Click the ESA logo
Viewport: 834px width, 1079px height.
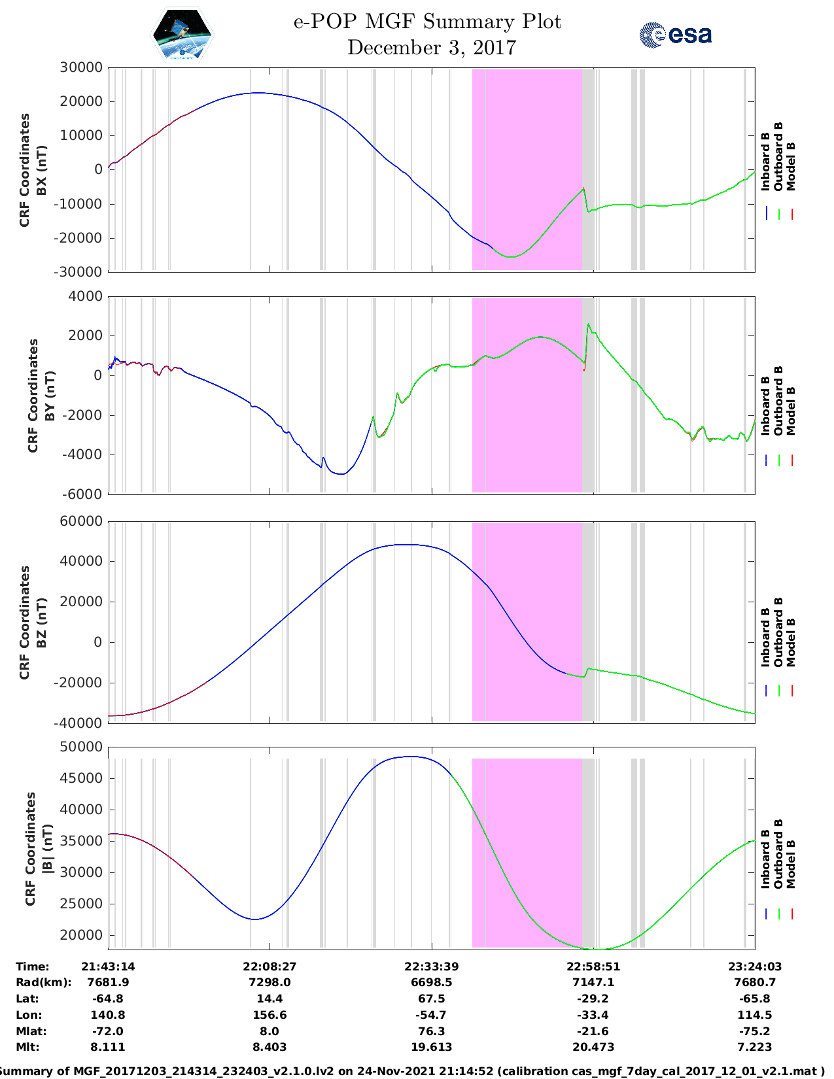tap(675, 35)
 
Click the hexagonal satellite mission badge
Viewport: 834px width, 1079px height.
tap(182, 35)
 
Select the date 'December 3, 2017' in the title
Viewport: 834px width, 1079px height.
tap(431, 48)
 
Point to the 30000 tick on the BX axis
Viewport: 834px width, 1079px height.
tap(80, 67)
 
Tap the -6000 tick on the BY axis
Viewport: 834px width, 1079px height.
tap(82, 494)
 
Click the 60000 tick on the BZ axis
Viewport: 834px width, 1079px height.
tap(80, 521)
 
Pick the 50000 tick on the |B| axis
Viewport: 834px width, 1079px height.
tap(80, 747)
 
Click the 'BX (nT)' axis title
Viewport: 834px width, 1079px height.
tap(42, 170)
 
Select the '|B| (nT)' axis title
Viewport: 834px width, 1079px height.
tap(46, 849)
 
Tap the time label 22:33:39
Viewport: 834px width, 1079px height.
tap(431, 967)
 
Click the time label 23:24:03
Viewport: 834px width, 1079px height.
tap(754, 967)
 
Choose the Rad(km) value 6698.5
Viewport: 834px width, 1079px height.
tap(431, 982)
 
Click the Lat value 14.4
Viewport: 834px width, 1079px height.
tap(269, 999)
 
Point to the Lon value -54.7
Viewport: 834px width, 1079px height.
tap(431, 1015)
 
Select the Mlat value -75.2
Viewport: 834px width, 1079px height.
tap(754, 1031)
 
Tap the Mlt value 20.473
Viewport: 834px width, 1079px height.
tap(593, 1047)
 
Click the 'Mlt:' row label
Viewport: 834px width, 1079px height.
tap(28, 1047)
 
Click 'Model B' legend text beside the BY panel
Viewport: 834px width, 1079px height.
tap(790, 411)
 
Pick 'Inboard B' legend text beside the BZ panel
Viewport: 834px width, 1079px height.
tap(765, 637)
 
